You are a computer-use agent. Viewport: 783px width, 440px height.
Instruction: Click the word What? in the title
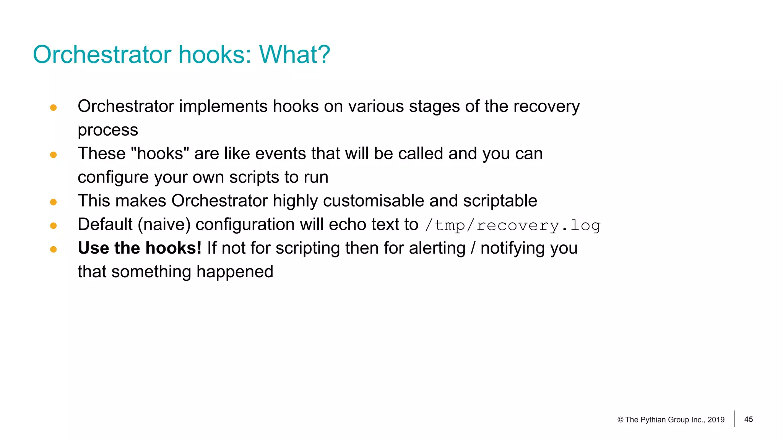click(294, 55)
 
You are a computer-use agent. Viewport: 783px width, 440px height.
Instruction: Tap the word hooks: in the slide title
click(214, 55)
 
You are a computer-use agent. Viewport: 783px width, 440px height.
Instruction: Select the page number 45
click(748, 419)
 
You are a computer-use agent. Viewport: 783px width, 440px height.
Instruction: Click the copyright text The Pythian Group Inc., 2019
click(671, 420)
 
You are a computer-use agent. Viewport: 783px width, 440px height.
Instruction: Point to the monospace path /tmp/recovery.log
click(513, 225)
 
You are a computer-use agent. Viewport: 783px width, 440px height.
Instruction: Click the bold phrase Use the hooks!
click(140, 248)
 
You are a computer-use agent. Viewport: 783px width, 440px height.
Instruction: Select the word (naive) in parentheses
click(164, 225)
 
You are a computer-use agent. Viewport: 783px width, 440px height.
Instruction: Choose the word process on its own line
click(108, 130)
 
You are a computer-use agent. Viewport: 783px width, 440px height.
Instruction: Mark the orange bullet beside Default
click(54, 226)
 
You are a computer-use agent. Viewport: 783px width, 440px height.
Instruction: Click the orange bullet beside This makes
click(54, 202)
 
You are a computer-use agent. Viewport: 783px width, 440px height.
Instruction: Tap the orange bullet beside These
click(54, 155)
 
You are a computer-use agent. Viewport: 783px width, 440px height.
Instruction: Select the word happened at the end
click(235, 272)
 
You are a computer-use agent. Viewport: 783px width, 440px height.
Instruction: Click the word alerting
click(437, 248)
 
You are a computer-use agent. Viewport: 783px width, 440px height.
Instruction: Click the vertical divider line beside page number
click(734, 419)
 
